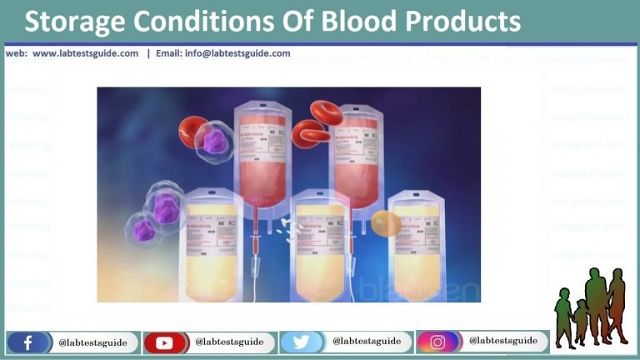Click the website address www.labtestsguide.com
click(x=86, y=53)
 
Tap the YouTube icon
click(x=162, y=342)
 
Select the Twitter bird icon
click(x=299, y=342)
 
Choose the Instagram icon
click(x=437, y=342)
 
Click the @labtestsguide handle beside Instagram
click(x=502, y=341)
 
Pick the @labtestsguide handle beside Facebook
click(x=92, y=342)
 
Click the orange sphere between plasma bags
click(x=384, y=222)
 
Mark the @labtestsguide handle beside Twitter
click(x=367, y=341)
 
